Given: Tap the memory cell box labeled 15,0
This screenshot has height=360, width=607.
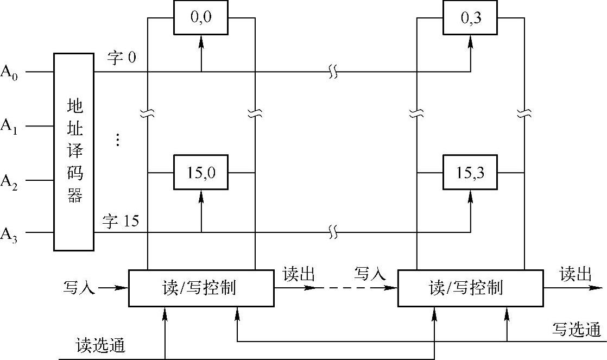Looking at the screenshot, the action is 201,172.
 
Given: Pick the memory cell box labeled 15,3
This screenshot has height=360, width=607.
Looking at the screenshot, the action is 471,172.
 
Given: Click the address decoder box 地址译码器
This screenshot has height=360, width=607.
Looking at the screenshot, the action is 74,151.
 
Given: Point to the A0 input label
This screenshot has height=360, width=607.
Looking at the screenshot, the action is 9,72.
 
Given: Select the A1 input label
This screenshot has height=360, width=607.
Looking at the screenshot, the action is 9,126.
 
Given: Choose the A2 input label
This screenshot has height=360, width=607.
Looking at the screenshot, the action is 9,180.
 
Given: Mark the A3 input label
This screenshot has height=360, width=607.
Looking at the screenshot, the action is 9,233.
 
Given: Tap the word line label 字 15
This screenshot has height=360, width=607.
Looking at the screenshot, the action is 121,221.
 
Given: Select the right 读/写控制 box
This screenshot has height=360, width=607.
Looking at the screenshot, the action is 470,287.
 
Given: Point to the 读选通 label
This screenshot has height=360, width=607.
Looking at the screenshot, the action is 101,346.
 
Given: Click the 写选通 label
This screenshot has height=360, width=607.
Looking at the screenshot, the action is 577,330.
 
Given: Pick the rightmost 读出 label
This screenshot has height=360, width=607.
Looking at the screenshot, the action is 576,275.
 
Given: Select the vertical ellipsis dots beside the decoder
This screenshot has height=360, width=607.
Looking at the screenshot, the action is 117,140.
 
